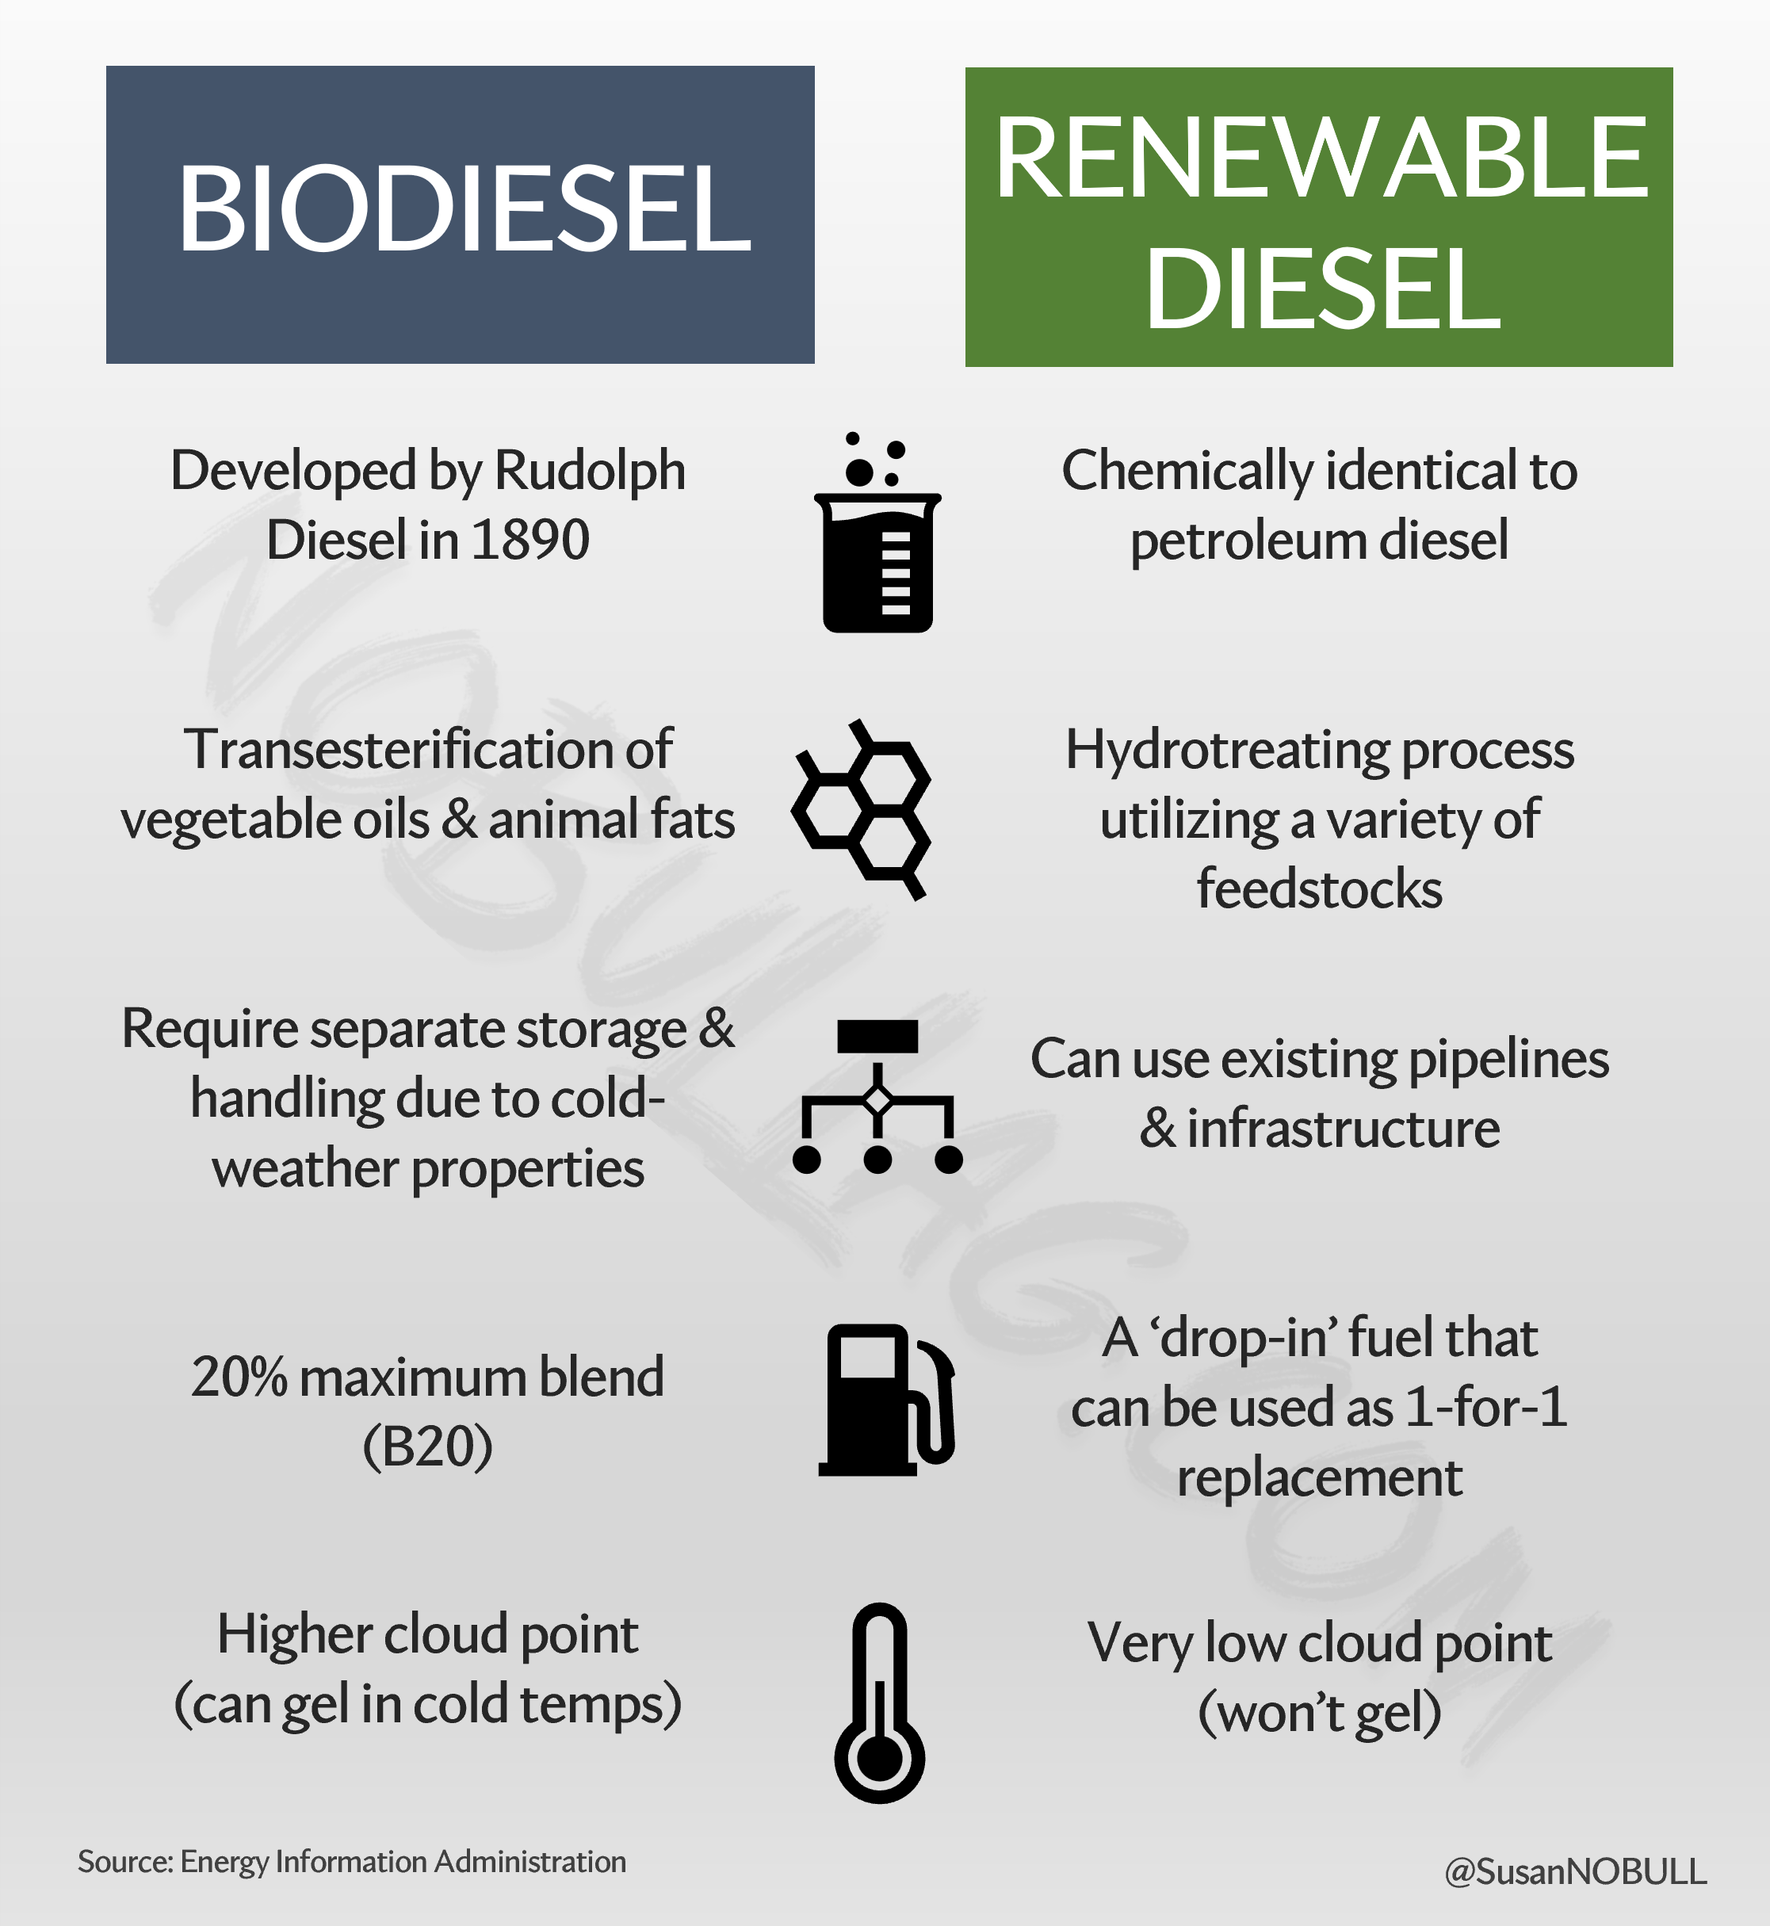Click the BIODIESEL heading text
coord(464,208)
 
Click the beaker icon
coord(877,533)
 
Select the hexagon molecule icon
coord(860,810)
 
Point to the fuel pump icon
coord(887,1399)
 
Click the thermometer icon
coord(879,1702)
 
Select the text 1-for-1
coord(1486,1408)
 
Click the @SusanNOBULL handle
coord(1576,1871)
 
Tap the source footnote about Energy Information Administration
coord(351,1862)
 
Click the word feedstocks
coord(1319,888)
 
